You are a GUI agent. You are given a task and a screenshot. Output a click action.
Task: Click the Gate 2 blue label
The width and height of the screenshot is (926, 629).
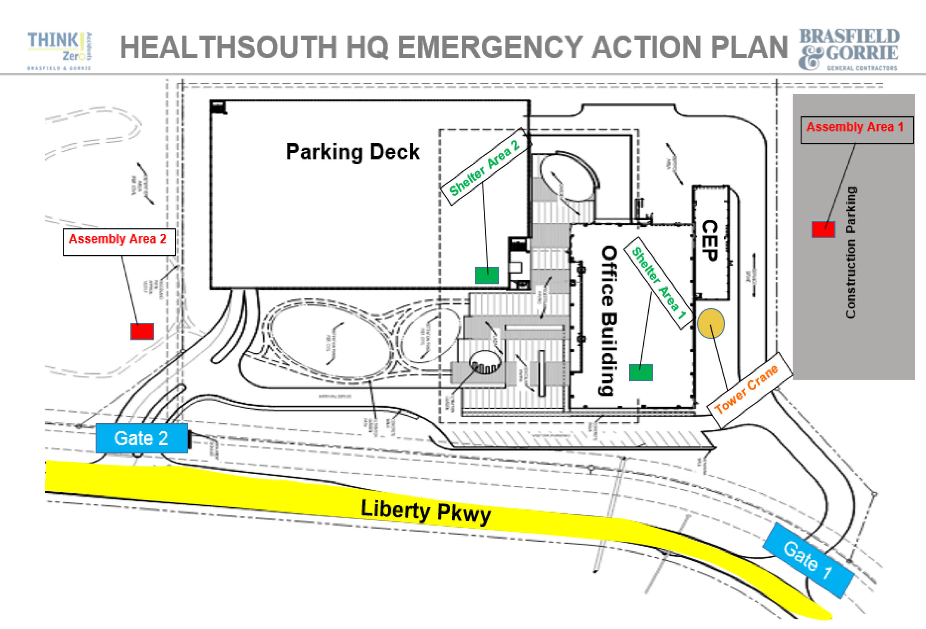[141, 438]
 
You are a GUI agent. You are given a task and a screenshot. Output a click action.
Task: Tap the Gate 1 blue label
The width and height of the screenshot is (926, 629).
[808, 560]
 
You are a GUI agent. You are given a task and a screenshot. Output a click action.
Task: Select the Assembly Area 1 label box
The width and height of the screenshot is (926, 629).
[857, 130]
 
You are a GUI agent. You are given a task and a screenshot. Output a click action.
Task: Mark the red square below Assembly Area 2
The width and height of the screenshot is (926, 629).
[142, 331]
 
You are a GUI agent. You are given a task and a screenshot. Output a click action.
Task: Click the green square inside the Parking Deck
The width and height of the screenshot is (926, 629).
[487, 275]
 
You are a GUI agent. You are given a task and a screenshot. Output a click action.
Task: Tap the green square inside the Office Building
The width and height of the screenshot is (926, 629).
[641, 373]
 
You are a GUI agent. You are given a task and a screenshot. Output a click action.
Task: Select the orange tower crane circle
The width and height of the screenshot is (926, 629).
[711, 324]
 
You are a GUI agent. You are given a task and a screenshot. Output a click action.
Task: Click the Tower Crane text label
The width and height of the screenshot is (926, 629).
[746, 389]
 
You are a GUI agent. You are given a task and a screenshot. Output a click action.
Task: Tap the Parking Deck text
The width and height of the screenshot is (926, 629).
[353, 152]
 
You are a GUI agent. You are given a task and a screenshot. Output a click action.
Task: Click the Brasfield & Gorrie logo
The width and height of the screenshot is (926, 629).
[849, 49]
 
